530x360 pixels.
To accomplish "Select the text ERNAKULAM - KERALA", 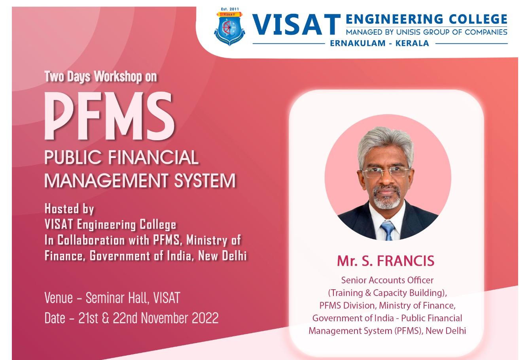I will click(380, 43).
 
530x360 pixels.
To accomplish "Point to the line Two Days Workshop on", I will click(101, 77).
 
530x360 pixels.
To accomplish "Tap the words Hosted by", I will click(69, 209).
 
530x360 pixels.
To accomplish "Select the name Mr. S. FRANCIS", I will click(386, 261).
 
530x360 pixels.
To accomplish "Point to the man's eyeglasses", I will click(386, 172).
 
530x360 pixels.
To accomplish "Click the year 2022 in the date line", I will click(205, 318).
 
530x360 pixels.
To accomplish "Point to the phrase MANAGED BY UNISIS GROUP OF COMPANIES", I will click(426, 32).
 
